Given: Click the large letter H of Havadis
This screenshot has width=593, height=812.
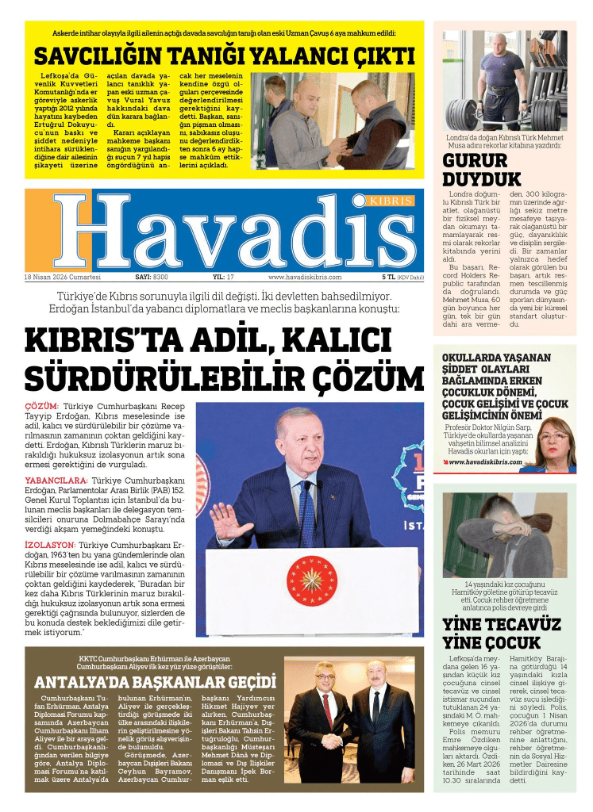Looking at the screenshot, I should pyautogui.click(x=90, y=232).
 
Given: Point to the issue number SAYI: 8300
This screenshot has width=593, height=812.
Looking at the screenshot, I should pyautogui.click(x=152, y=277).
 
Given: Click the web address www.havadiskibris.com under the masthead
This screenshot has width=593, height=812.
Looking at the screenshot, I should pyautogui.click(x=305, y=277).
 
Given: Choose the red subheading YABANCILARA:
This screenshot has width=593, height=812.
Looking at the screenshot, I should pyautogui.click(x=56, y=481).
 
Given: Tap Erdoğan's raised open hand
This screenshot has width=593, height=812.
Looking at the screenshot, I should pyautogui.click(x=229, y=522).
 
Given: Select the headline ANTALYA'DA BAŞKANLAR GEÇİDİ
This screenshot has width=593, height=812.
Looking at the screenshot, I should pyautogui.click(x=155, y=683).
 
